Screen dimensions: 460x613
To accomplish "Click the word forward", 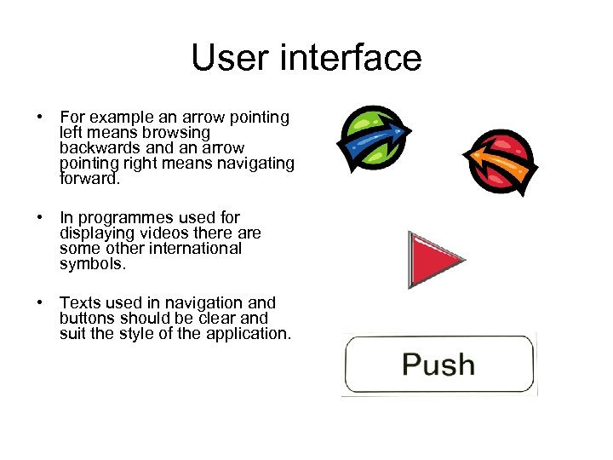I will (x=91, y=179).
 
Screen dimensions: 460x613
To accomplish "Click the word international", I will (x=193, y=249).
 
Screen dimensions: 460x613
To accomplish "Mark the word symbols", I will (x=91, y=264).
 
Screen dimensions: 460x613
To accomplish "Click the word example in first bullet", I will (x=117, y=118).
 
